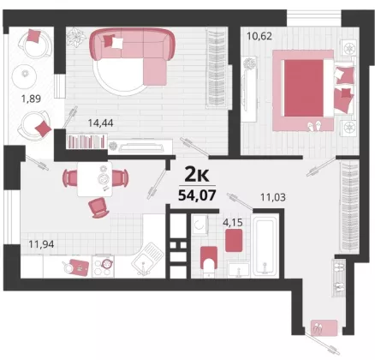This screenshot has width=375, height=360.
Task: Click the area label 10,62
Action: [x=259, y=36]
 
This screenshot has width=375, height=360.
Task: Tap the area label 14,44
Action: [x=100, y=123]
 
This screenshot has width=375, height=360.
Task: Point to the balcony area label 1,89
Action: [x=31, y=99]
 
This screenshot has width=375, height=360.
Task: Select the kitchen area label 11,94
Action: [x=41, y=244]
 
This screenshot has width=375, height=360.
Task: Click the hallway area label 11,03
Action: [x=273, y=197]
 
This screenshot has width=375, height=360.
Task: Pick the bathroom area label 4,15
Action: [x=233, y=223]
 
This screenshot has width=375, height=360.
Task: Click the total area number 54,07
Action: [x=197, y=195]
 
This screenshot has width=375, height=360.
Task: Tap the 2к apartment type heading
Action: [x=197, y=175]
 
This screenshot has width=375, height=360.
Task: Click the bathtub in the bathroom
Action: [x=265, y=246]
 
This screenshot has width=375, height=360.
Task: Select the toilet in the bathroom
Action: [x=209, y=261]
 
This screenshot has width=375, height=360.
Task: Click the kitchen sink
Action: [x=147, y=259]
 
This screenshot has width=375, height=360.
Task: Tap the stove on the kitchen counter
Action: [x=104, y=266]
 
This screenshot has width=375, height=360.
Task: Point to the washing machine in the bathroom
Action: [x=199, y=225]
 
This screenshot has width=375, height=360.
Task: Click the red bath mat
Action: [x=234, y=240]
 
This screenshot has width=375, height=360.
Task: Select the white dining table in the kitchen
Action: [x=95, y=179]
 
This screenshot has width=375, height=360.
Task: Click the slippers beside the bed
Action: [x=314, y=126]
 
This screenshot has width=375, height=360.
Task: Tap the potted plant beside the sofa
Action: [x=76, y=37]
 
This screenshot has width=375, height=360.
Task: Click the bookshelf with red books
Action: [x=86, y=141]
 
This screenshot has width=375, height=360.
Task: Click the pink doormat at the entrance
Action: [x=324, y=327]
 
